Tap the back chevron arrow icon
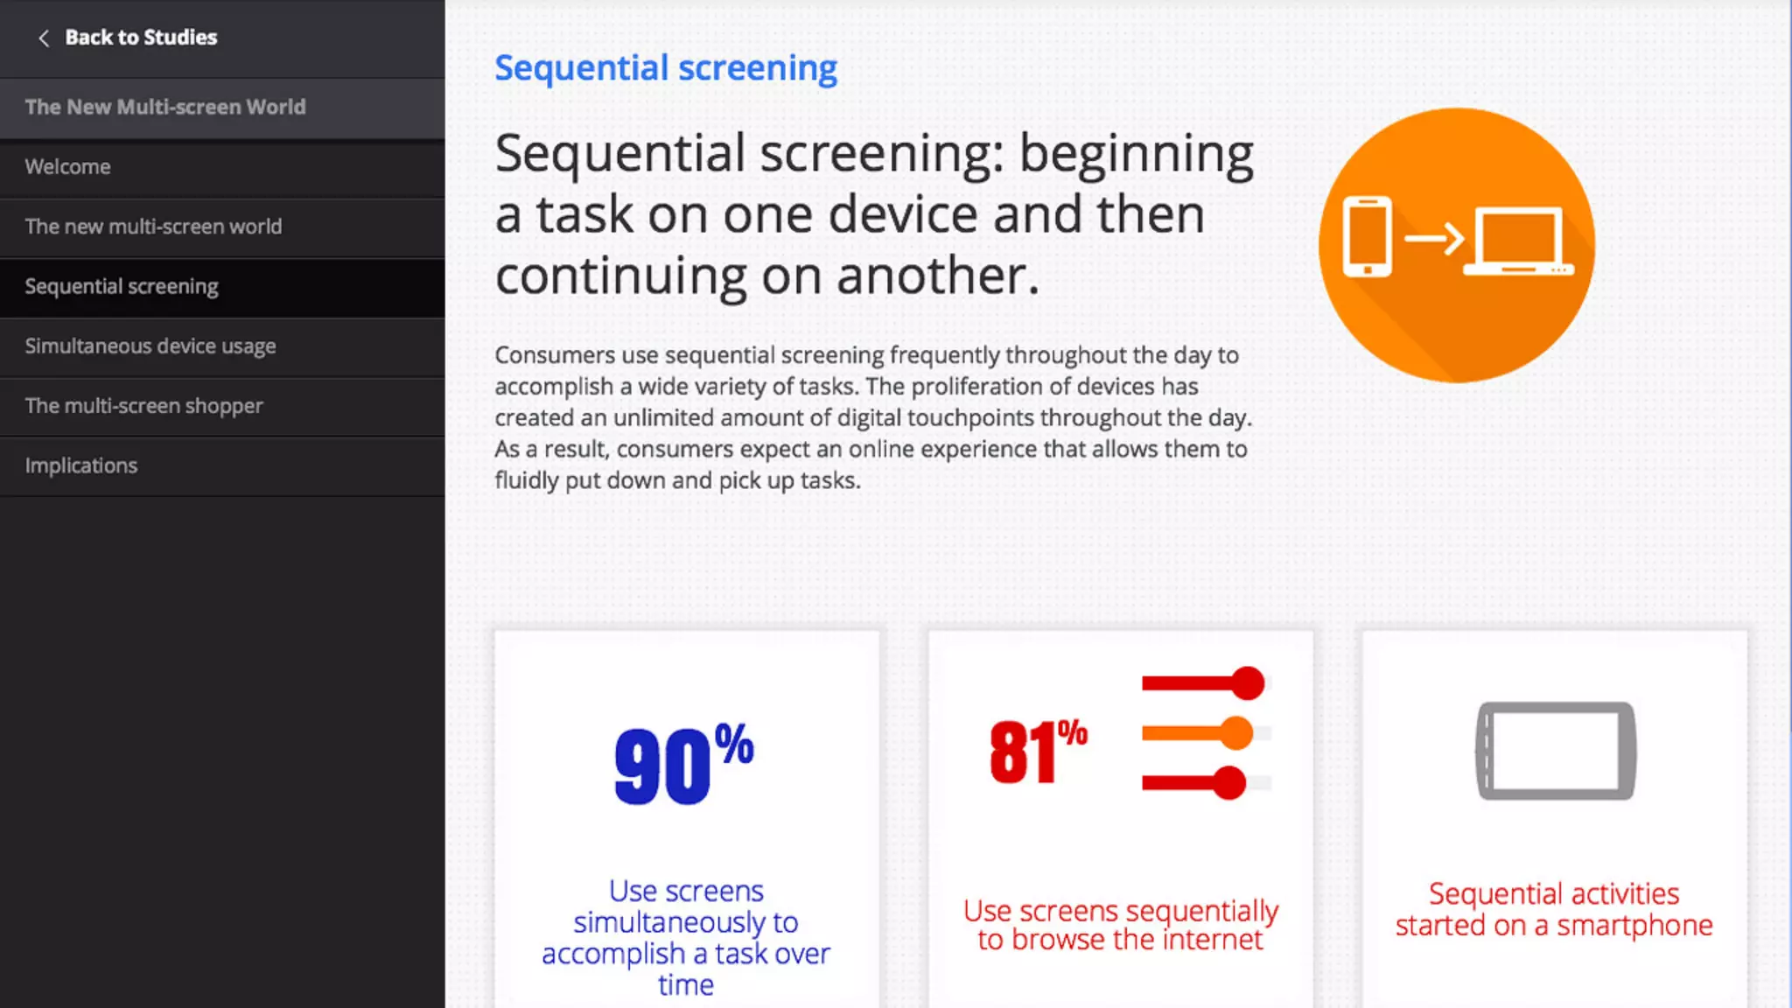43,38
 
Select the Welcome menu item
67,167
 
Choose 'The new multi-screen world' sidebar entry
153,227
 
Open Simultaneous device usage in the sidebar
150,346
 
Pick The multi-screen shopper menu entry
143,406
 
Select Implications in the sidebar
81,465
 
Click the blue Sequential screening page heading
666,68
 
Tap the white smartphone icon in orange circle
1367,236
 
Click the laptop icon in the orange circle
1518,241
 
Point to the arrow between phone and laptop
1434,238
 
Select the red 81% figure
1039,751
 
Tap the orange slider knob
1236,733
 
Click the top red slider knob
1248,683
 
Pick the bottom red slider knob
1229,783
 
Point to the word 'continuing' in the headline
620,276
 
